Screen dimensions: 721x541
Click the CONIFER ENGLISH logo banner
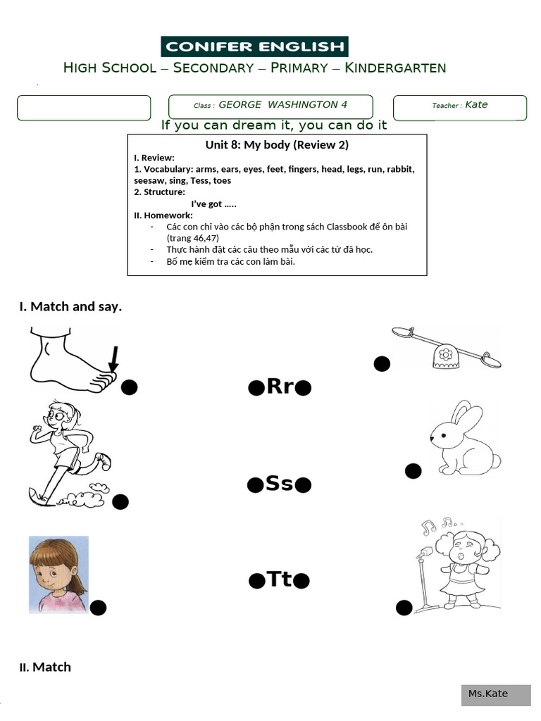pyautogui.click(x=254, y=47)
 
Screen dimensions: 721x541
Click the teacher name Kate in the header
pyautogui.click(x=476, y=105)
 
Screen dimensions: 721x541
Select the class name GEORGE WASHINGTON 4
pyautogui.click(x=282, y=105)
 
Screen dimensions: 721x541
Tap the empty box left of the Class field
pyautogui.click(x=84, y=108)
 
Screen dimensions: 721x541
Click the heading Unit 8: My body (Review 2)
pyautogui.click(x=277, y=145)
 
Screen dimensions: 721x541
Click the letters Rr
pyautogui.click(x=280, y=387)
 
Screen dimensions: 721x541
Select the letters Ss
pyautogui.click(x=279, y=484)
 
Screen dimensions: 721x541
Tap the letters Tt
pyautogui.click(x=280, y=579)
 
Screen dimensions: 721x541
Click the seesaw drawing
pyautogui.click(x=447, y=347)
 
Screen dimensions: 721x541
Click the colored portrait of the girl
pyautogui.click(x=58, y=574)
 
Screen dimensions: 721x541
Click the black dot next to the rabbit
pyautogui.click(x=413, y=471)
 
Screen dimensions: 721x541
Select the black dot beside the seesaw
pyautogui.click(x=382, y=364)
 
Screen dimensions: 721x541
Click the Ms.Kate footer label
pyautogui.click(x=488, y=694)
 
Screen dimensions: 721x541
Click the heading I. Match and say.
pyautogui.click(x=70, y=306)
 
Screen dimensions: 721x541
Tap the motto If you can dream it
pyautogui.click(x=274, y=125)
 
